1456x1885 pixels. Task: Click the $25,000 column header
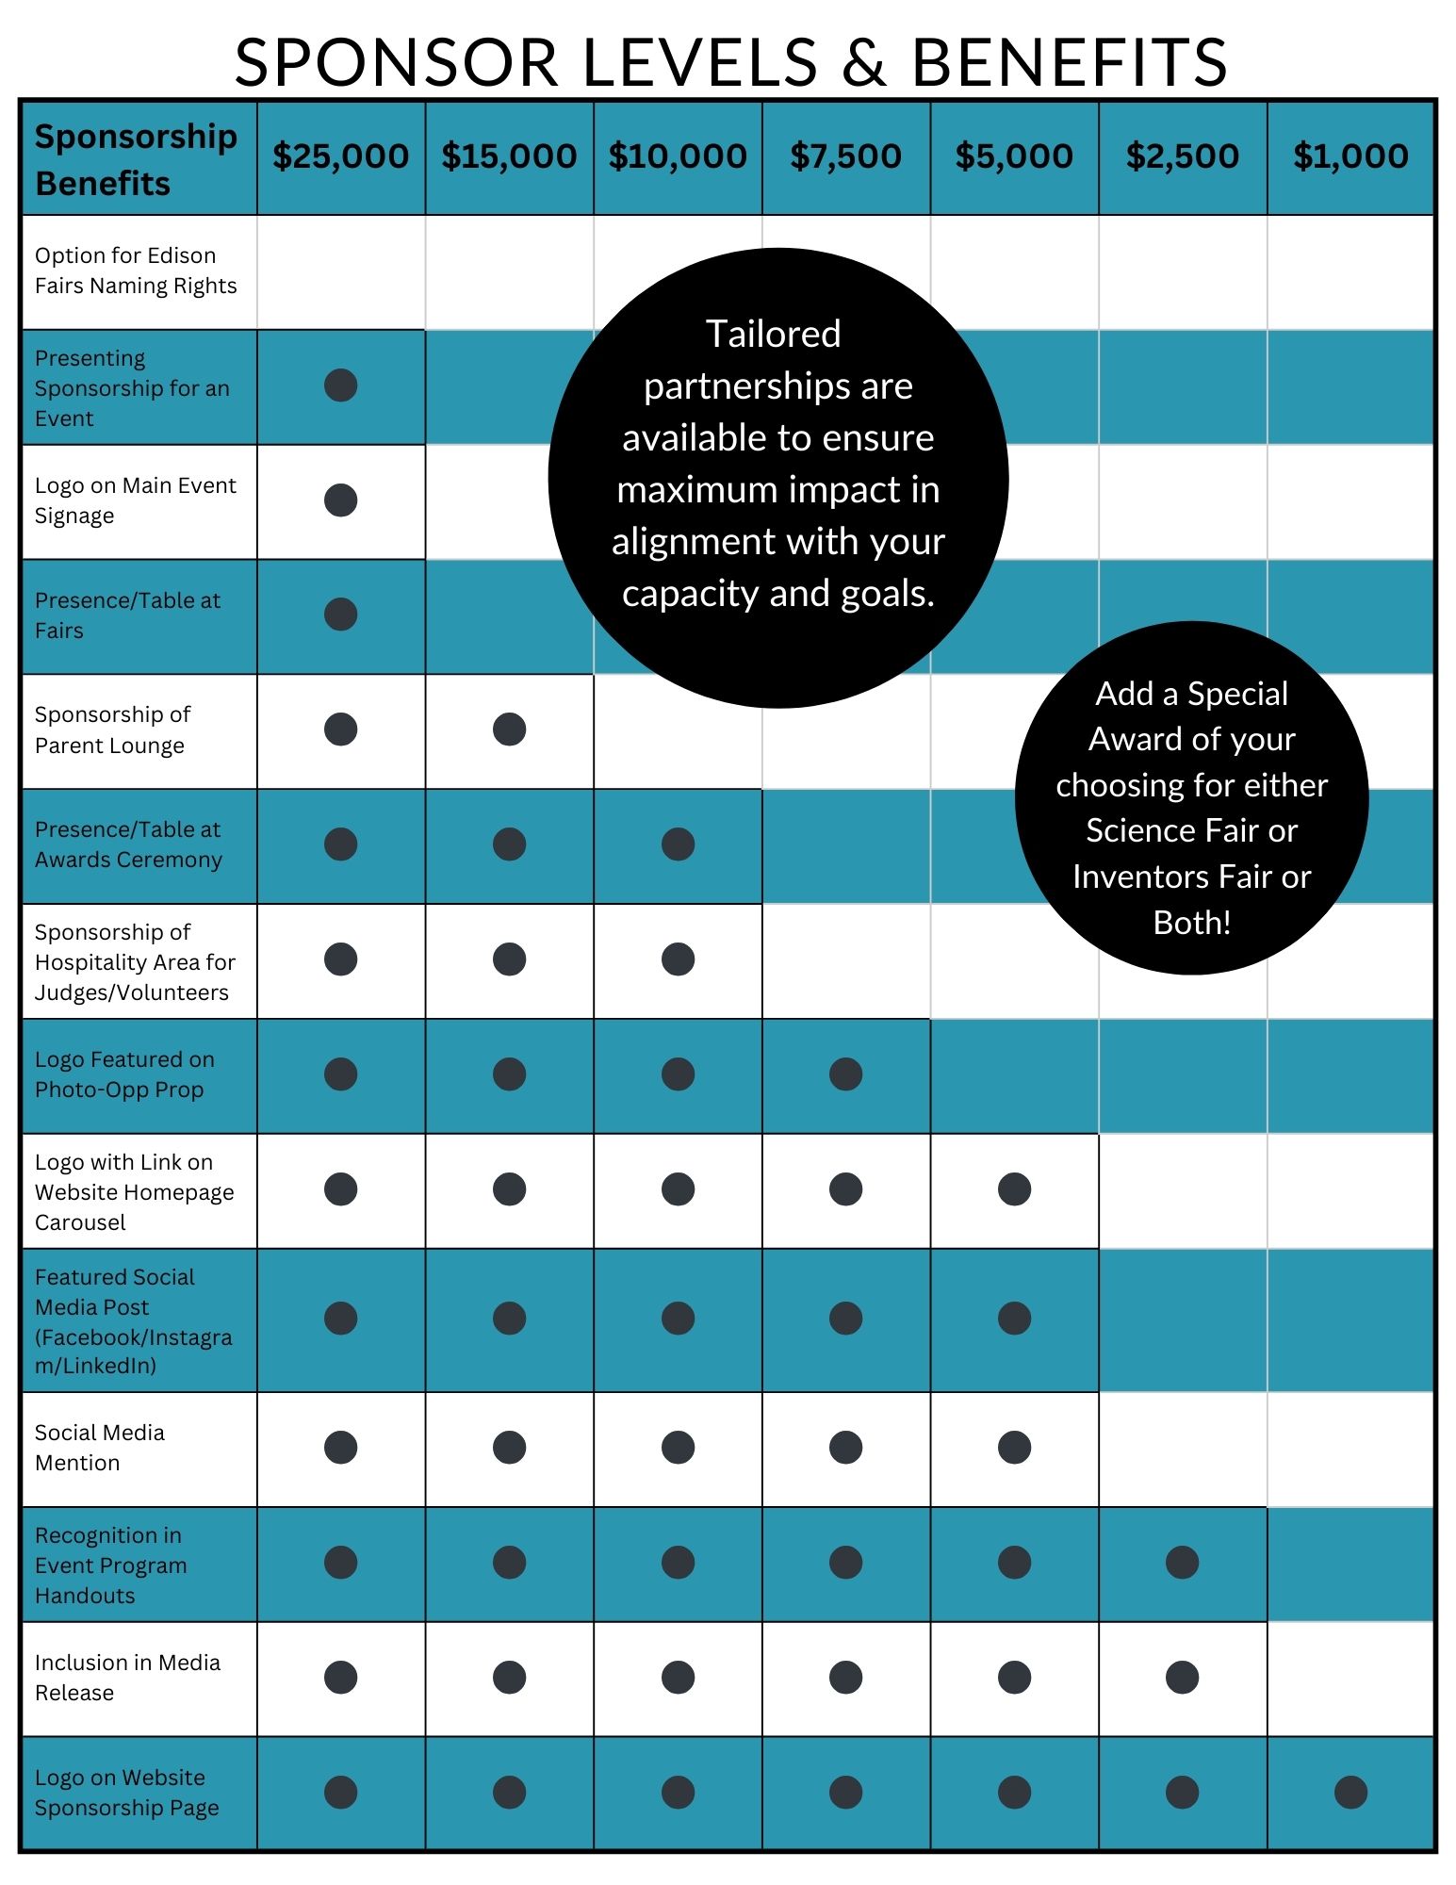pos(340,156)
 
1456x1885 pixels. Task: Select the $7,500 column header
pos(845,156)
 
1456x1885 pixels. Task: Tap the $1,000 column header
pos(1350,156)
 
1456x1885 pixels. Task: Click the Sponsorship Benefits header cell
pos(136,159)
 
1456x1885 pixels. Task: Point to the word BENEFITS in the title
pos(1069,63)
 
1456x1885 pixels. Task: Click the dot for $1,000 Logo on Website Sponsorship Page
pos(1350,1792)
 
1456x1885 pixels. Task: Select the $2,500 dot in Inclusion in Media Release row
pos(1182,1677)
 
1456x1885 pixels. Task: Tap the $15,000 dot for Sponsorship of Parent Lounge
pos(509,729)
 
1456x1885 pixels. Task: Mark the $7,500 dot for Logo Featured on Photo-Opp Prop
pos(845,1074)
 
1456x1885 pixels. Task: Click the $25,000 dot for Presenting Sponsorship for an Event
pos(340,385)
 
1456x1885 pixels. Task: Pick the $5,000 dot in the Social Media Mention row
pos(1014,1447)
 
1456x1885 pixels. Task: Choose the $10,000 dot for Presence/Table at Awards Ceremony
pos(678,844)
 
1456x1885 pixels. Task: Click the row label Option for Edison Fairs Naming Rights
pos(136,270)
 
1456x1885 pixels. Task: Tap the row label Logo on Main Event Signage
pos(135,500)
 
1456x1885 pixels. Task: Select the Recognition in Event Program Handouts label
pos(110,1565)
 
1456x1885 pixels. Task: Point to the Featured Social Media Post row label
pos(132,1320)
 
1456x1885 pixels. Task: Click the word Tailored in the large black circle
pos(774,334)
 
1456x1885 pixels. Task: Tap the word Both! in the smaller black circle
pos(1191,922)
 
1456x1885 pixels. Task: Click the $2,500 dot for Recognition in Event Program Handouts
pos(1182,1562)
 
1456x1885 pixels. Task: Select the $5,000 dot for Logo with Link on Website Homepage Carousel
pos(1014,1188)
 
